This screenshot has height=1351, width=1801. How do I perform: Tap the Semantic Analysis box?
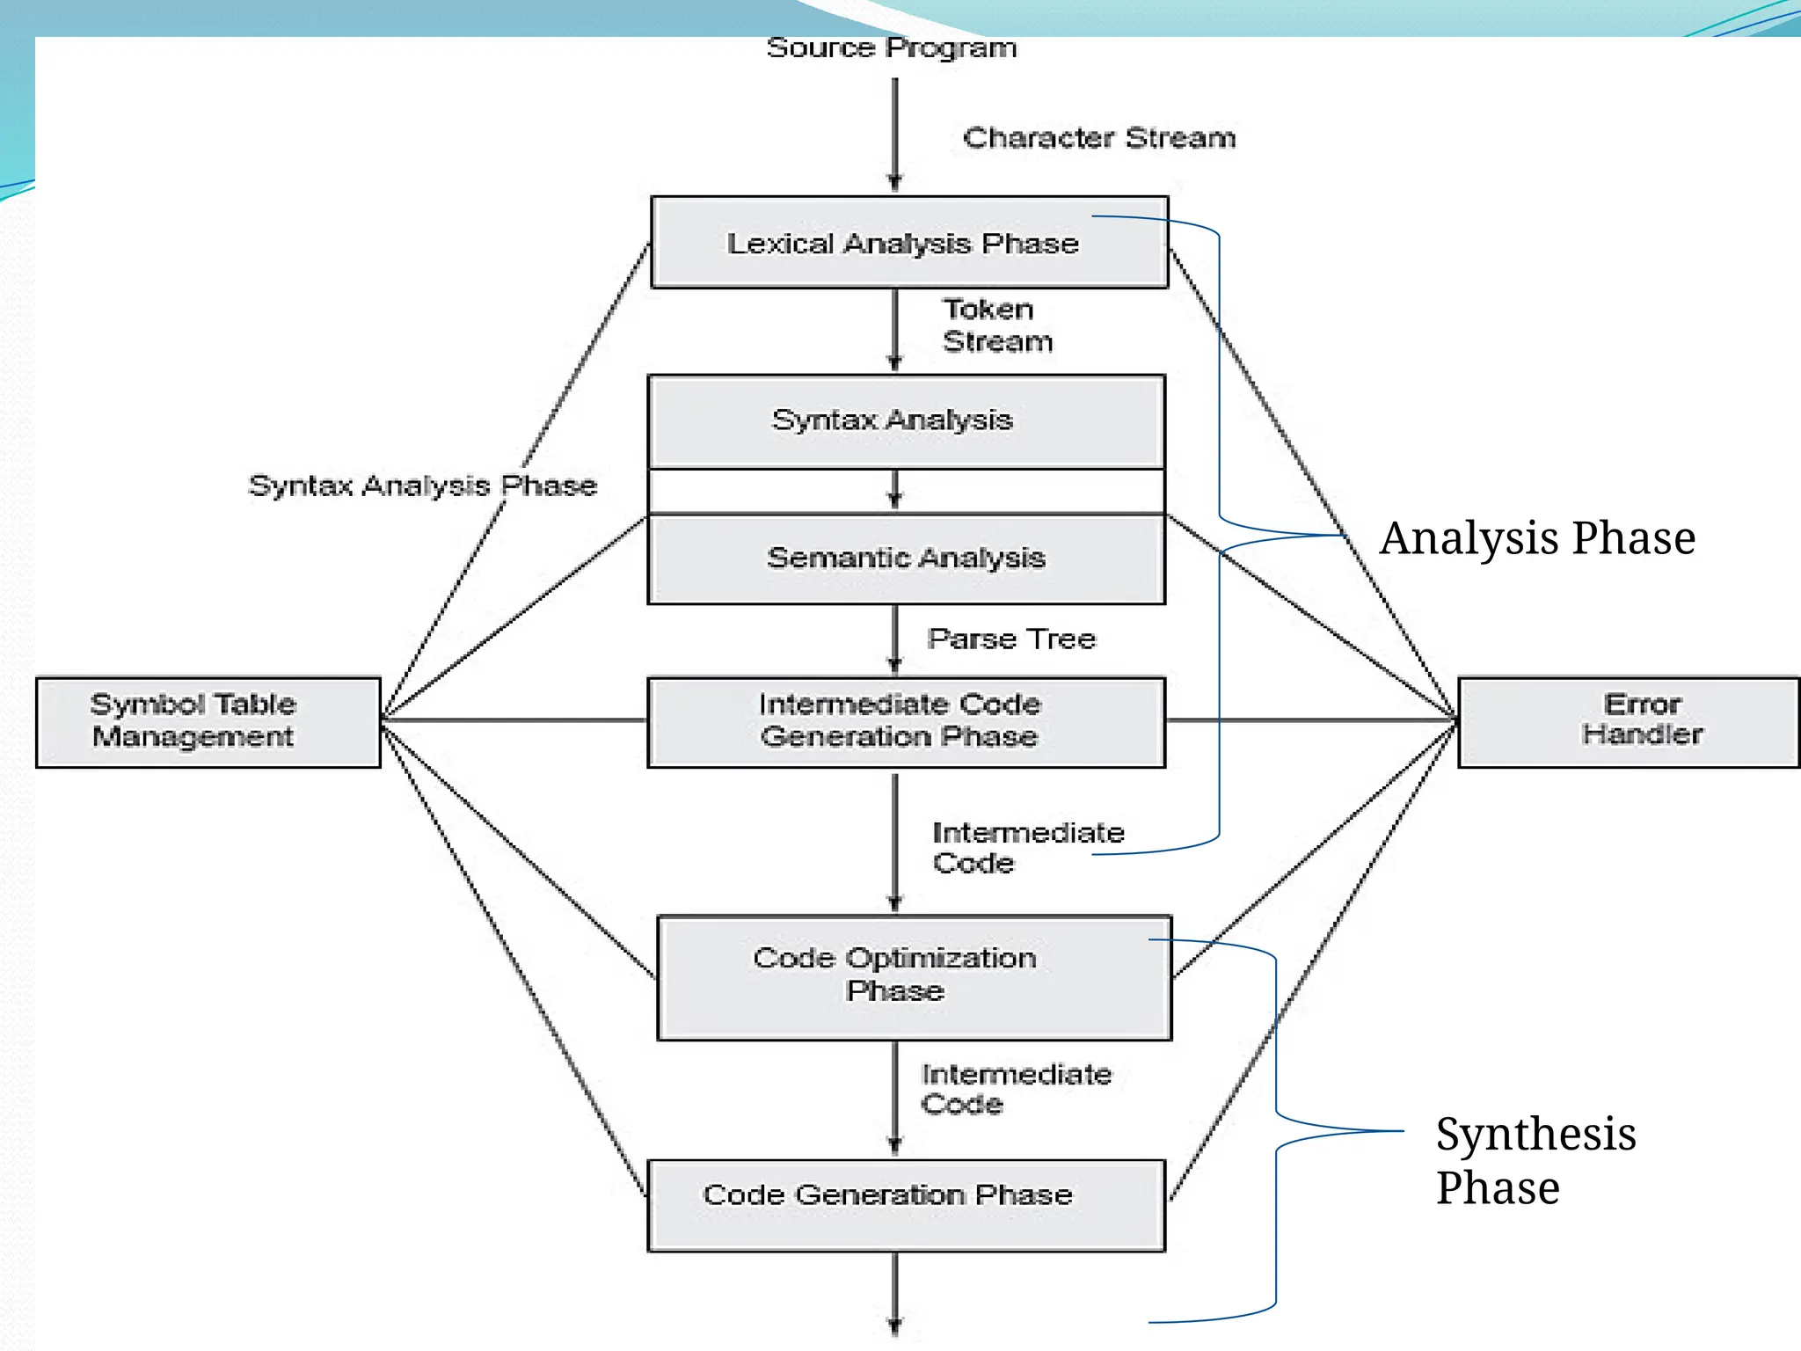pyautogui.click(x=906, y=559)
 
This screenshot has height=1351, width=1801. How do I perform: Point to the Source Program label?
pyautogui.click(x=891, y=48)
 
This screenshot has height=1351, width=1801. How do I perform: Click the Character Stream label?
pyautogui.click(x=1098, y=138)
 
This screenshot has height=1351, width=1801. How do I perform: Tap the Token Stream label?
pyautogui.click(x=996, y=325)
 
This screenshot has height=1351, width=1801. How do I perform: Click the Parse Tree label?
pyautogui.click(x=1011, y=639)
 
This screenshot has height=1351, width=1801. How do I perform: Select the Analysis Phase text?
pyautogui.click(x=1537, y=538)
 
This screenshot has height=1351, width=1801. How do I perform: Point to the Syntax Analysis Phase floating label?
pyautogui.click(x=422, y=486)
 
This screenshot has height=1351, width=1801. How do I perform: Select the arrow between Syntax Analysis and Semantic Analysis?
pyautogui.click(x=895, y=490)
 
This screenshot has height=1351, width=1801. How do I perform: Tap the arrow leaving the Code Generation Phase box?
pyautogui.click(x=895, y=1293)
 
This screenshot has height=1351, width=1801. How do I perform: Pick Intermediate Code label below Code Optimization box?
pyautogui.click(x=1015, y=1089)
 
